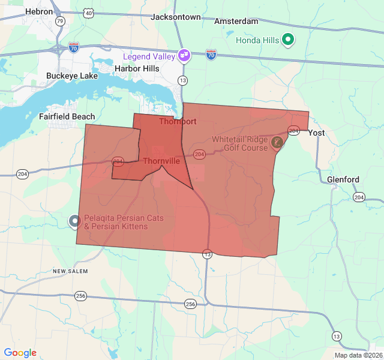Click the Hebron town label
click(39, 11)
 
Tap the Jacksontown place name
click(175, 17)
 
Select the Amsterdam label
click(236, 21)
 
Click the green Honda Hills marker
click(289, 40)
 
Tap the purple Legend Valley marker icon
click(184, 56)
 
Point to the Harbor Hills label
click(137, 68)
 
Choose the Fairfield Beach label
click(67, 116)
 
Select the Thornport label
click(178, 121)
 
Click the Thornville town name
click(161, 161)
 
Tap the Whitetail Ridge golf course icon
click(277, 142)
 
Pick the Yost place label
click(316, 133)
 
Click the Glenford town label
click(343, 179)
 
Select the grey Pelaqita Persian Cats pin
click(74, 221)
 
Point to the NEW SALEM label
click(70, 271)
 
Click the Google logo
click(20, 353)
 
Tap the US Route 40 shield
click(89, 13)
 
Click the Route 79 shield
click(59, 22)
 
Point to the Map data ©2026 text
click(358, 355)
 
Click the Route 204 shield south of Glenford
click(359, 197)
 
